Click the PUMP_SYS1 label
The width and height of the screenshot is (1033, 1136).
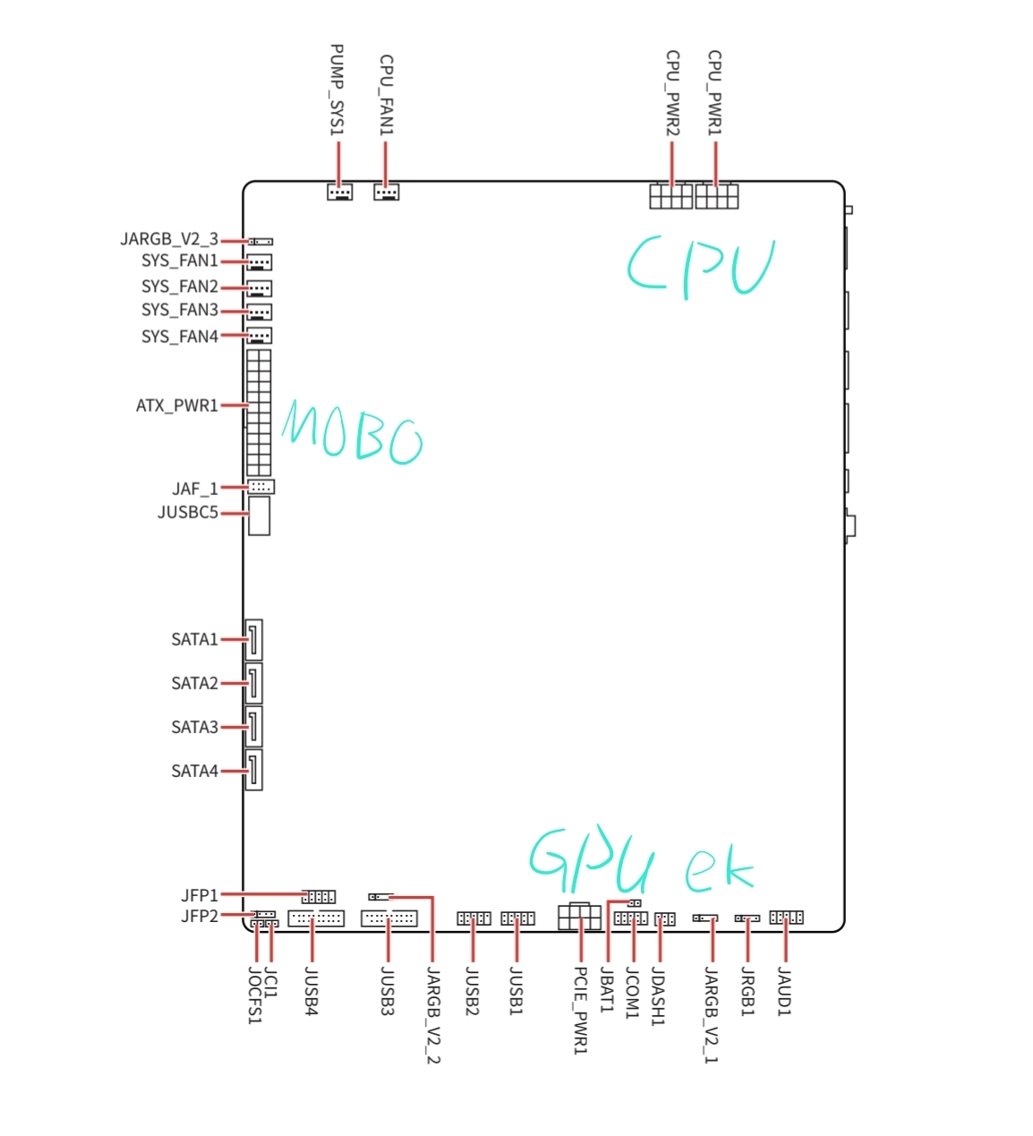(x=337, y=90)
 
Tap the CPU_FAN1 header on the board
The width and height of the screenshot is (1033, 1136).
(x=386, y=192)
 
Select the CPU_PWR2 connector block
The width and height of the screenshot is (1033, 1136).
(x=670, y=196)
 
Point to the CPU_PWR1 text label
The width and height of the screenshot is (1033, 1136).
(x=714, y=93)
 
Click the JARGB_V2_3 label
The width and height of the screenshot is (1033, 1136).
(x=169, y=240)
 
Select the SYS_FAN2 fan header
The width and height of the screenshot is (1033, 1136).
(x=260, y=288)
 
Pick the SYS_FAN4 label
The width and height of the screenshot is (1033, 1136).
(x=180, y=337)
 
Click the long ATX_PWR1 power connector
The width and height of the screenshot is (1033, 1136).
(x=259, y=413)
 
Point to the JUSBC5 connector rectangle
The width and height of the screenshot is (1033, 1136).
(x=259, y=516)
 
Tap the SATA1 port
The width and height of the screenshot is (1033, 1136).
(x=253, y=639)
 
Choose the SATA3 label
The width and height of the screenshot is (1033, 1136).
(x=195, y=727)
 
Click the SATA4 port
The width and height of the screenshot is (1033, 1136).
(x=253, y=770)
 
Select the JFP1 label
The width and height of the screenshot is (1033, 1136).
(x=200, y=895)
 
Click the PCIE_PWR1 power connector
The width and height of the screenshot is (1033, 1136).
(x=579, y=917)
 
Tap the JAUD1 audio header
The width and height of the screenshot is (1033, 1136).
(x=786, y=917)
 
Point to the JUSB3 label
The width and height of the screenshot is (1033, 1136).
(x=388, y=991)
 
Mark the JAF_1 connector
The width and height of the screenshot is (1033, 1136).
(x=261, y=486)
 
